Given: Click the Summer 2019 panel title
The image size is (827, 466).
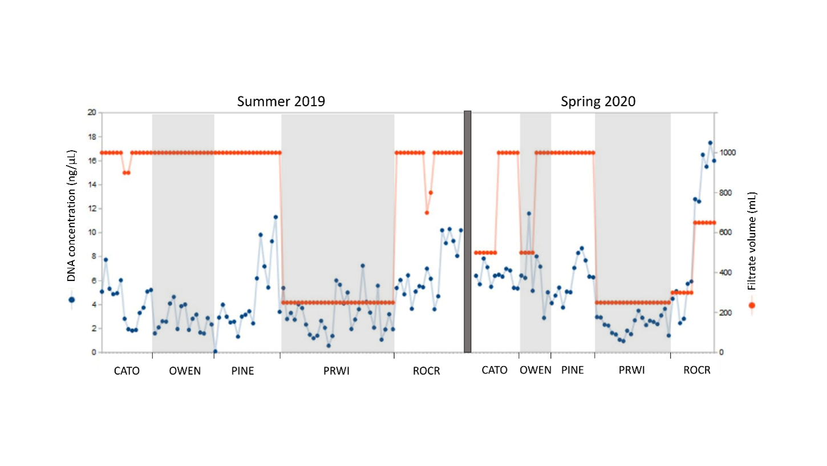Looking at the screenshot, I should click(281, 102).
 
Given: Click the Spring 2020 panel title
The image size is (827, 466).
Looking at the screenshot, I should click(598, 102).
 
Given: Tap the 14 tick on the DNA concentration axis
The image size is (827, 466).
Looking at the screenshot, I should click(92, 184).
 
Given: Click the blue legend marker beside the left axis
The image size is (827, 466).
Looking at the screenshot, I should click(72, 299).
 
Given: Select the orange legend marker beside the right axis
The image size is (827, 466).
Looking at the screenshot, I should click(752, 306).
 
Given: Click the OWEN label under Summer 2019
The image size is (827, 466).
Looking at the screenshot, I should click(185, 371).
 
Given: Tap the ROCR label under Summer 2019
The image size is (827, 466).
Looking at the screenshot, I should click(427, 371).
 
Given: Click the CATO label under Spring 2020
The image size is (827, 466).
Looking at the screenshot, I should click(494, 370).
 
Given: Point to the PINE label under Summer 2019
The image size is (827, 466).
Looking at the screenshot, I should click(242, 371).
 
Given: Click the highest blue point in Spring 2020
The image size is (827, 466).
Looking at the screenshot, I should click(710, 143).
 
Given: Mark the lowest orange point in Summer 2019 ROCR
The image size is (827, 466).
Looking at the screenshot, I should click(427, 212).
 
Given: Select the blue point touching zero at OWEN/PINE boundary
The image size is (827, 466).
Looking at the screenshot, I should click(215, 351).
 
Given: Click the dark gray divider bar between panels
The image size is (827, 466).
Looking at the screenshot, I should click(468, 231).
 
